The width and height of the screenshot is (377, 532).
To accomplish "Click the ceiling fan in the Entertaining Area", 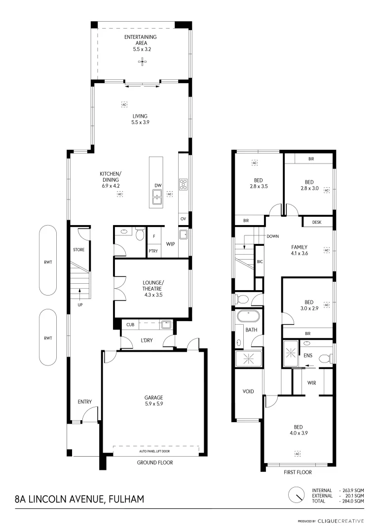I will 142,62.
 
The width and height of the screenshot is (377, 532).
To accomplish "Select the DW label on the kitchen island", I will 158,186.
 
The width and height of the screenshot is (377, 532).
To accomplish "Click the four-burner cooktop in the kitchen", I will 183,184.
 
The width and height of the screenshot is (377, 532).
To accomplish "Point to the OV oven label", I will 183,219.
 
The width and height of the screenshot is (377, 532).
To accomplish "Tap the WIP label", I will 171,244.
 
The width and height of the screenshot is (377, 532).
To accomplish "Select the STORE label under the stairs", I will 79,250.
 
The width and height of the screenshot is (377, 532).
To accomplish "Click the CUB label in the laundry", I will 130,325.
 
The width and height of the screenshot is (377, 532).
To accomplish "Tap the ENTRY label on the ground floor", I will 85,402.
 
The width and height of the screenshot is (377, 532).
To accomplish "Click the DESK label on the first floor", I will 317,223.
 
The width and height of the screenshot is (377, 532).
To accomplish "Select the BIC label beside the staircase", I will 260,262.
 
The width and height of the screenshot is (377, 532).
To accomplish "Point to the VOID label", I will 248,391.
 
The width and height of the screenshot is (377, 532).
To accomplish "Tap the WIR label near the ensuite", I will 311,382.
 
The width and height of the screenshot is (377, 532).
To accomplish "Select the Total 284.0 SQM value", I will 352,500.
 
